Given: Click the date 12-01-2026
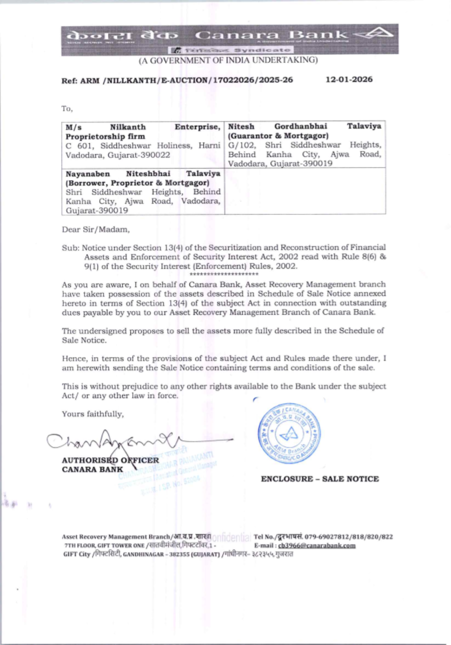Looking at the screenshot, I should (x=349, y=80).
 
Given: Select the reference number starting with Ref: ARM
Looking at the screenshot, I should (x=177, y=80).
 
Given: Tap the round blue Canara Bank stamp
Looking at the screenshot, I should (x=290, y=433).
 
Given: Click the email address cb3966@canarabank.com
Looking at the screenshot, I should (x=317, y=545).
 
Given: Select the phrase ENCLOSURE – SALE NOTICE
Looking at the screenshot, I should (x=320, y=479).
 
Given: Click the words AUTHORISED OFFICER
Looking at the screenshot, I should (x=110, y=460).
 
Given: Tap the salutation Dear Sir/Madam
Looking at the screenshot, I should (x=96, y=229).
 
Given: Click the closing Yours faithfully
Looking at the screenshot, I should (x=92, y=414).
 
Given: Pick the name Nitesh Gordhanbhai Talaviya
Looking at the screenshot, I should (x=304, y=127).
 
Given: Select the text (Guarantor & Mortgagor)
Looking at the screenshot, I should (x=278, y=136).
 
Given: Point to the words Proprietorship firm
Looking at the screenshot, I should (x=105, y=136).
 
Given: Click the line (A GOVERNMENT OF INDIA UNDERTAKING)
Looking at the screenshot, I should (x=228, y=60).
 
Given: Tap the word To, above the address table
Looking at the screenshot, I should (x=67, y=109).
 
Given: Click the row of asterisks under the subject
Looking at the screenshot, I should (x=224, y=274).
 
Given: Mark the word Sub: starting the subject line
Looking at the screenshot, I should (x=70, y=248).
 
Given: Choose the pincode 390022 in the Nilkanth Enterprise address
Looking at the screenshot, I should (x=157, y=155).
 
